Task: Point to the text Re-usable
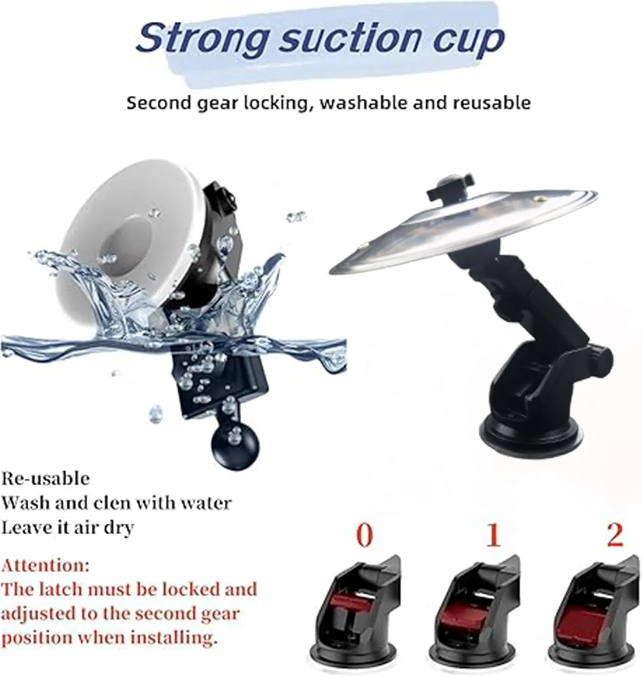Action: tap(46, 479)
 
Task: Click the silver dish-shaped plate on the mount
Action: tap(463, 227)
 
